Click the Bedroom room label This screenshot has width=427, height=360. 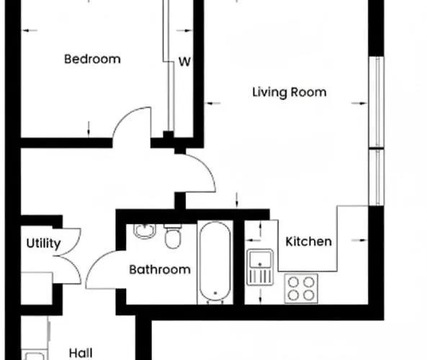point(92,59)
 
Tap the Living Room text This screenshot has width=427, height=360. point(289,92)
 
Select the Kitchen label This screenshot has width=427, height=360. point(309,241)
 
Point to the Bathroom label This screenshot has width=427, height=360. point(160,269)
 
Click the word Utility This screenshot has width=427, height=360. point(43,243)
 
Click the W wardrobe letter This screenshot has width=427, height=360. point(184,62)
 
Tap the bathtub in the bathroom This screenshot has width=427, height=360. point(215,263)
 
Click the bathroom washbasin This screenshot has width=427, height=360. point(145,232)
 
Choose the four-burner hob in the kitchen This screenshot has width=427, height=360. point(301,288)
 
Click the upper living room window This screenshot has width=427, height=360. point(376,101)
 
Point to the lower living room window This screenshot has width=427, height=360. point(376,177)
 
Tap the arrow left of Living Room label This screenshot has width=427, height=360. point(213,104)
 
